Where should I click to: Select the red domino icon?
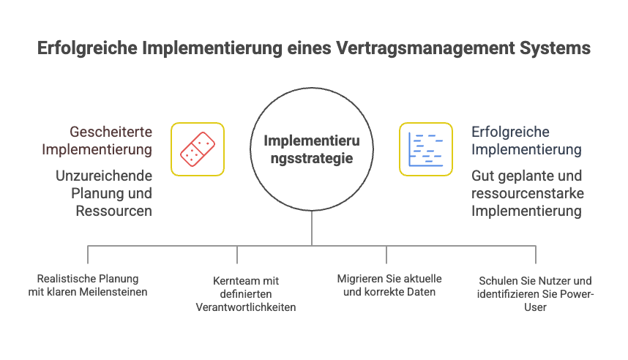coord(198,149)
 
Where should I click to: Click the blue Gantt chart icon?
coord(426,149)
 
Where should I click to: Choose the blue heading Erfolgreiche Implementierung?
coord(526,140)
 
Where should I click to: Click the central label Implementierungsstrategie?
coord(312,149)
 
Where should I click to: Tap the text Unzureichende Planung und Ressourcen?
coord(103,193)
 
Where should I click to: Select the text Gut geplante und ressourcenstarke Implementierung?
coord(526,193)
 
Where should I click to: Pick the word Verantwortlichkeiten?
coord(245,307)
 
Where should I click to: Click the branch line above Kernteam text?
coord(237,254)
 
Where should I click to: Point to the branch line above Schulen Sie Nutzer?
coord(536,254)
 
